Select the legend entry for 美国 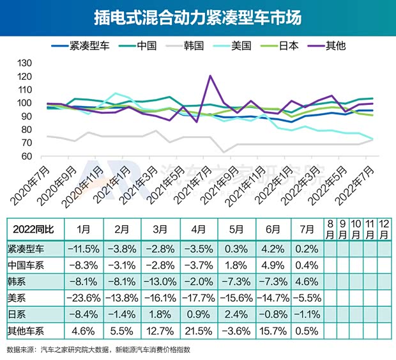pos(238,45)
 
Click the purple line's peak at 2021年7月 pos(210,76)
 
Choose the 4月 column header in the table pos(195,229)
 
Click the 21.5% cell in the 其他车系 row pos(195,330)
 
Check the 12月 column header pos(384,229)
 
